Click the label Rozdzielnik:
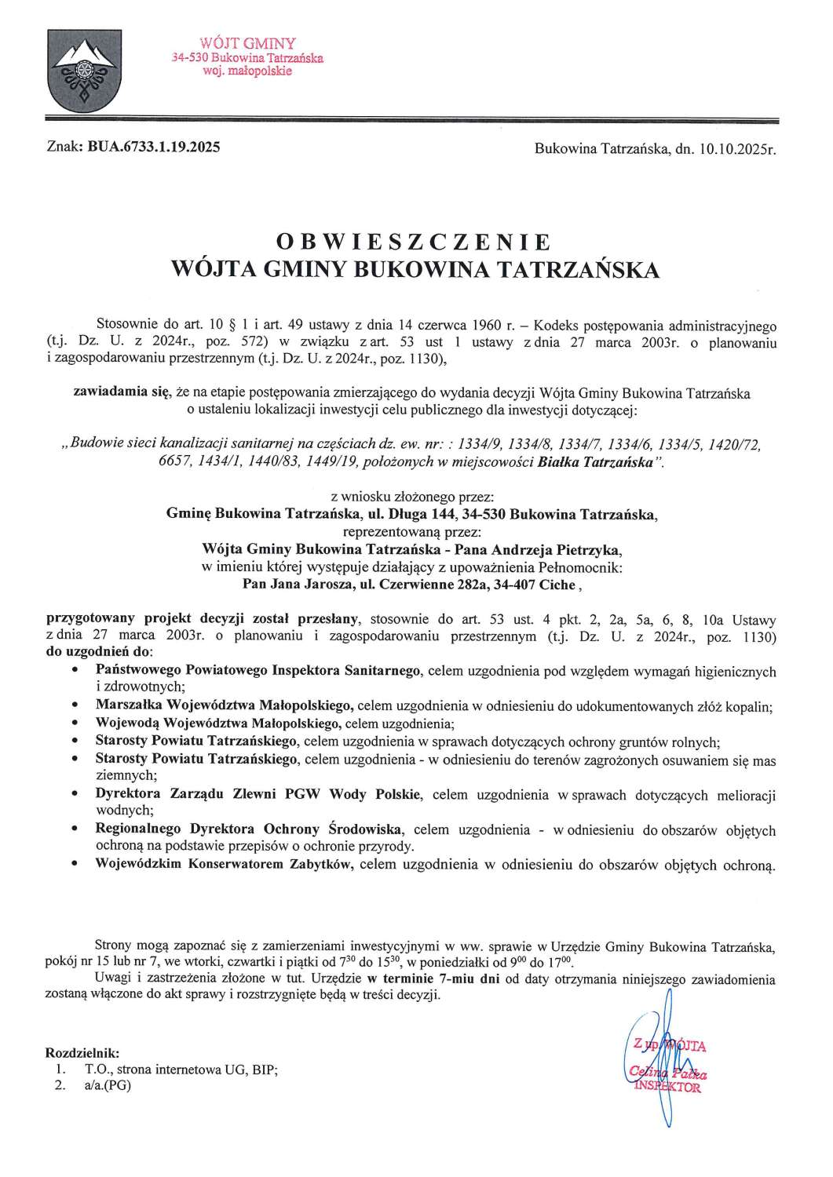click(83, 1051)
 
